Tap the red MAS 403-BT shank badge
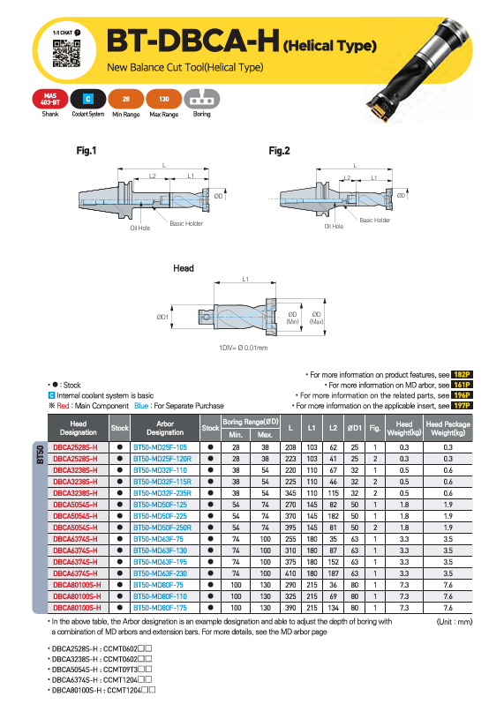(50, 99)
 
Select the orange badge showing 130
(164, 99)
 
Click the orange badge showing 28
(125, 99)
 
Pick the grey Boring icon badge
(202, 99)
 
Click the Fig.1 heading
(87, 150)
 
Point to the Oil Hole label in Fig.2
(334, 226)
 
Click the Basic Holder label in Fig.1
(186, 223)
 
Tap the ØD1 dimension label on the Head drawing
(162, 317)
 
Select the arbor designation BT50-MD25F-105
(160, 447)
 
